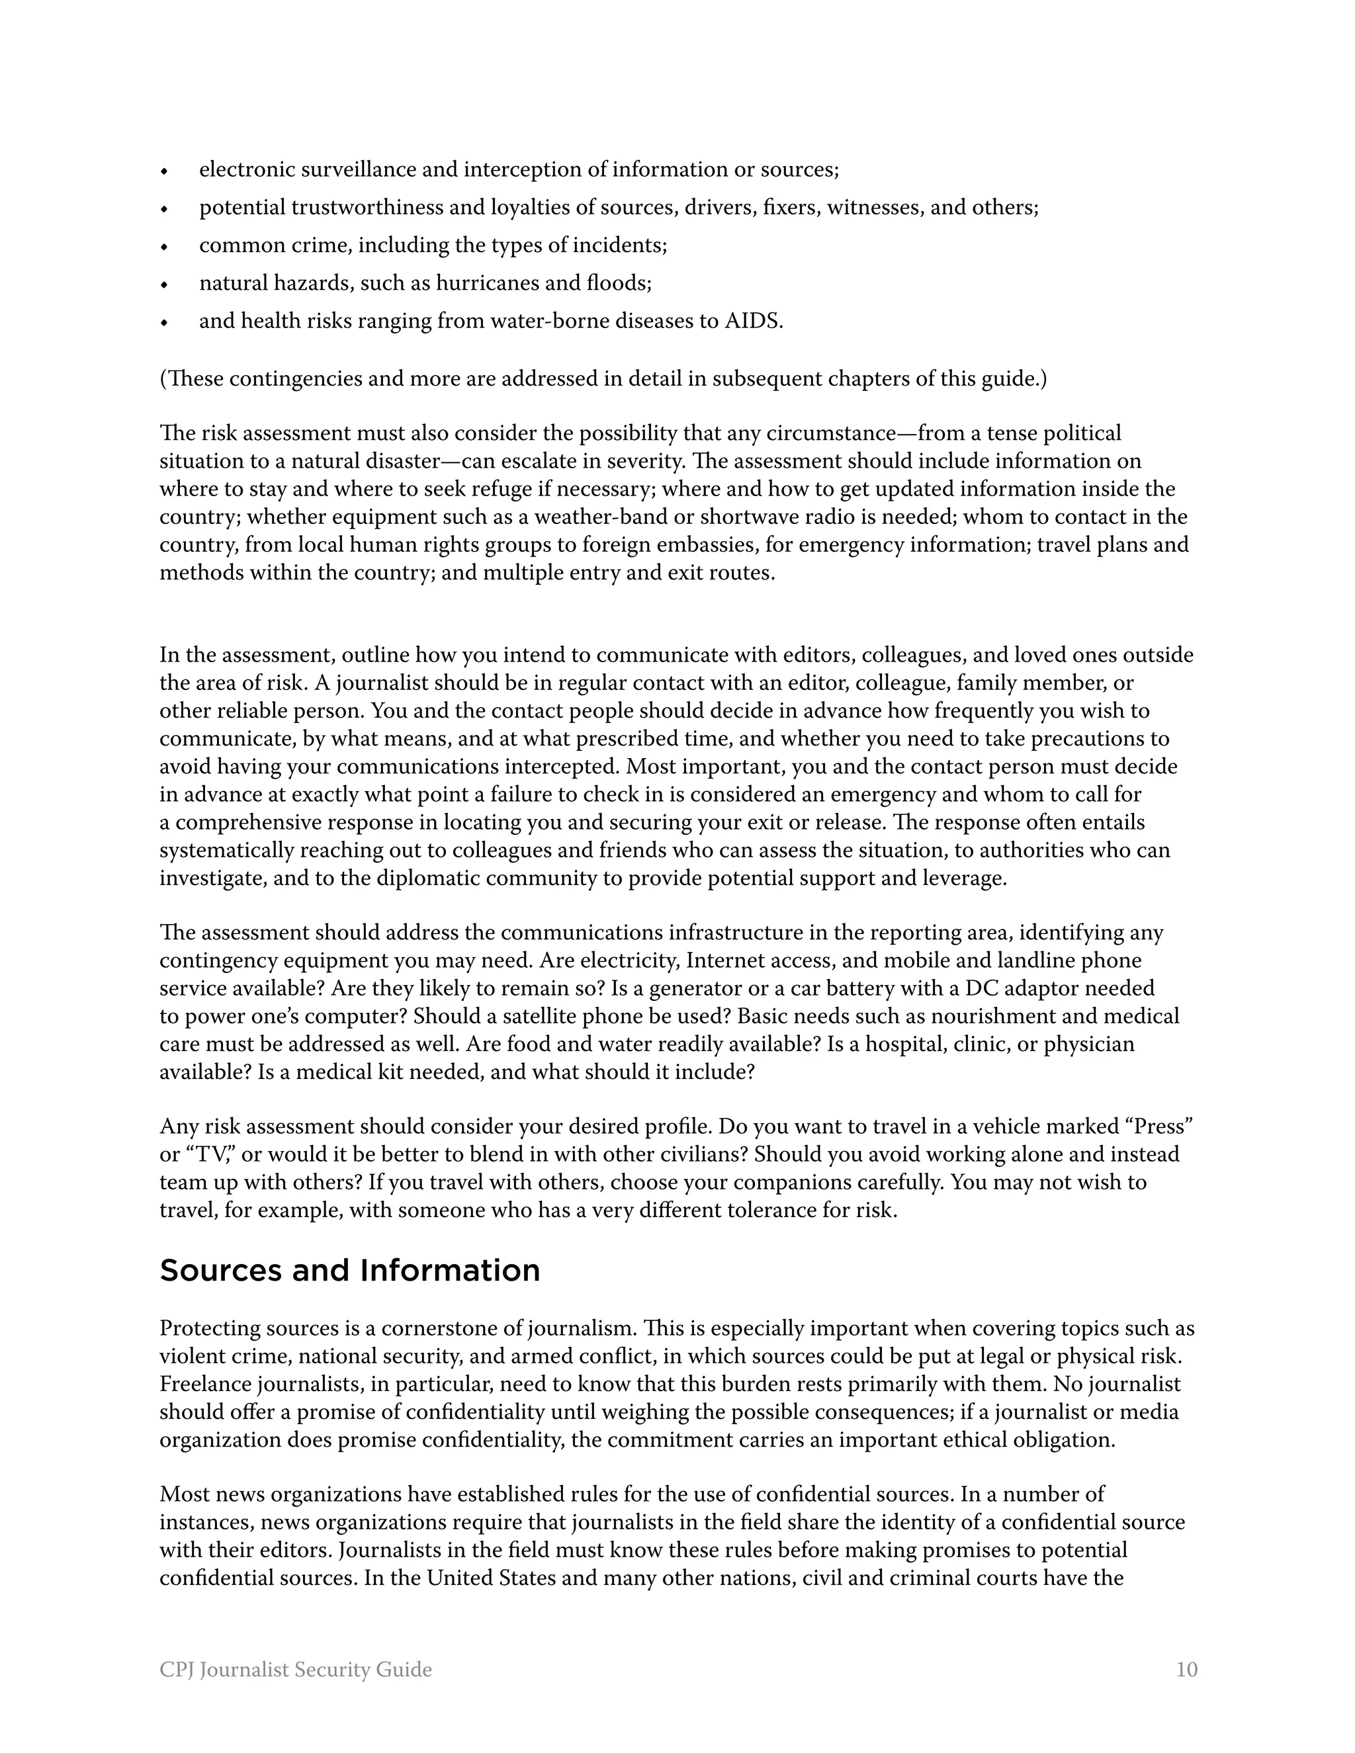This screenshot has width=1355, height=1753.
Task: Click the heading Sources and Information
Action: [x=349, y=1271]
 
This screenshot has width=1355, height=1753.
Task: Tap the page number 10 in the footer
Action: [x=1186, y=1670]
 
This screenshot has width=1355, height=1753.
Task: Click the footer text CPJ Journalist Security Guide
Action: [x=295, y=1670]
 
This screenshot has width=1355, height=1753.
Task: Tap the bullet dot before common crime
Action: [x=164, y=247]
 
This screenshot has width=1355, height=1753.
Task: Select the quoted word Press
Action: [x=1160, y=1127]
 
